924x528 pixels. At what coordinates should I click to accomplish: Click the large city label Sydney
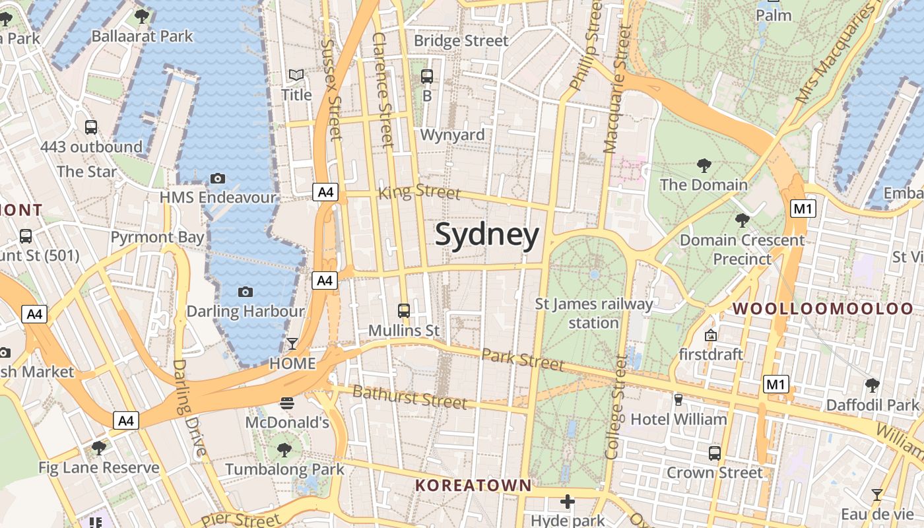(487, 236)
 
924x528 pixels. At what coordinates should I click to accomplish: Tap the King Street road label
(419, 192)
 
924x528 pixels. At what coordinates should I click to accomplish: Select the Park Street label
(523, 360)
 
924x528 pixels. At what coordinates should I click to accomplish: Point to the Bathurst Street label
(409, 397)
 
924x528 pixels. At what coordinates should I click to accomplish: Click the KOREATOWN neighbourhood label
(473, 486)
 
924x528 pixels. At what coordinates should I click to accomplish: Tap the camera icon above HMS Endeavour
(218, 178)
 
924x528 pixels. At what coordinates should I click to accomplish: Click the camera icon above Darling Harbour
(246, 292)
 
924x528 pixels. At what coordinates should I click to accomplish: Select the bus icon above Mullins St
(404, 310)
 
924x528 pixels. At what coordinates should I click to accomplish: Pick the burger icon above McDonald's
(287, 402)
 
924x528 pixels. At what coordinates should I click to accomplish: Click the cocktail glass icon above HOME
(292, 343)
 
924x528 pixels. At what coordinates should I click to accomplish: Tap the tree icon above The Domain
(704, 165)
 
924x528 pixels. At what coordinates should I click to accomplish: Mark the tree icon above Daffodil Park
(872, 384)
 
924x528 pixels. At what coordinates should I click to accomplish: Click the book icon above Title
(296, 75)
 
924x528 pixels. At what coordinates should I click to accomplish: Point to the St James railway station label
(593, 313)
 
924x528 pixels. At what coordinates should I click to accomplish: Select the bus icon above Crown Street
(715, 453)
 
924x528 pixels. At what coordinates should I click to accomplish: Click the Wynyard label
(452, 135)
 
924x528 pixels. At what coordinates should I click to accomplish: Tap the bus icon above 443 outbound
(91, 127)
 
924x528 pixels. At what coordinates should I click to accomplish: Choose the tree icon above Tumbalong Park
(284, 450)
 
